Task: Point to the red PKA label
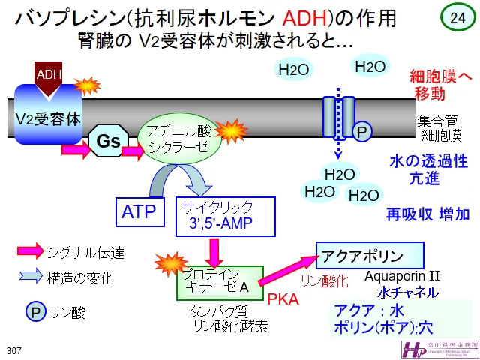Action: pyautogui.click(x=283, y=299)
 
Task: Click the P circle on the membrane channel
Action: pyautogui.click(x=362, y=133)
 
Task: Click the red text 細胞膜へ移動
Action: pyautogui.click(x=439, y=84)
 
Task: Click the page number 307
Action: pyautogui.click(x=13, y=350)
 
